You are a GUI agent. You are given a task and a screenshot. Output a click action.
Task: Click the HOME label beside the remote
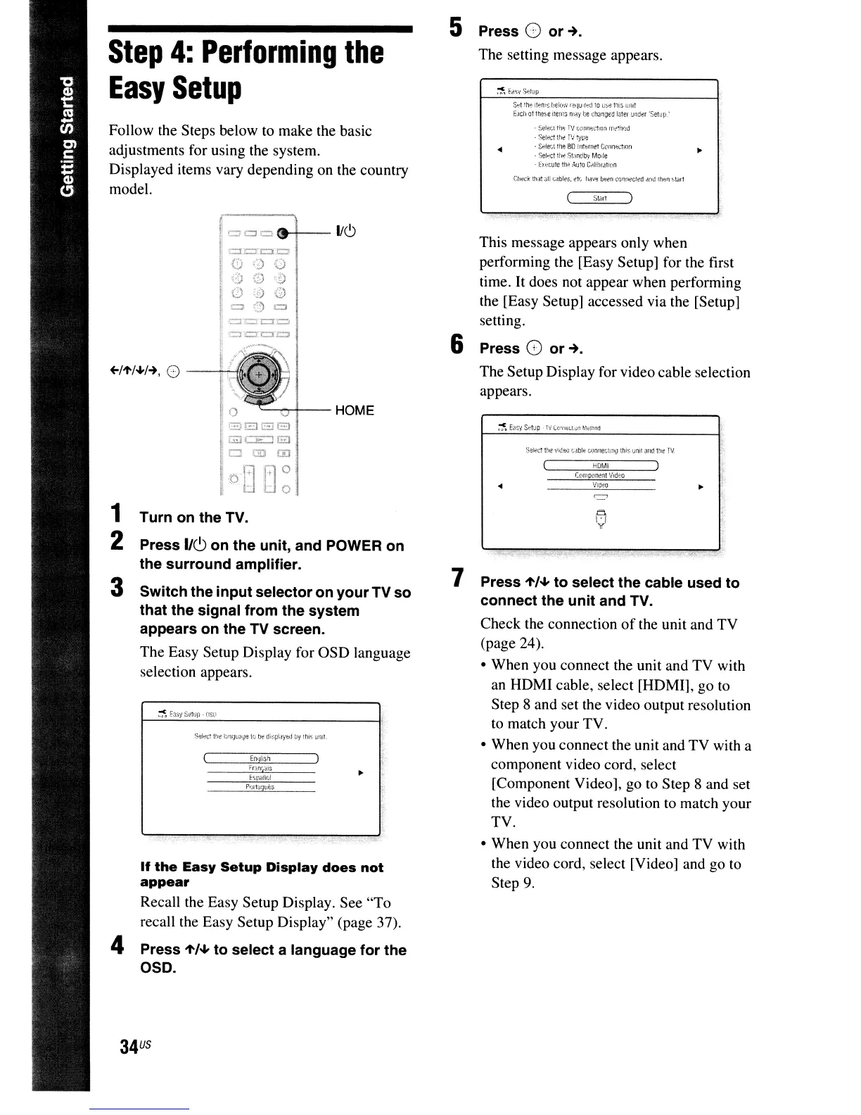pos(355,410)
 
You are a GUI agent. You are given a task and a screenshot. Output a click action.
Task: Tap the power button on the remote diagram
pos(283,233)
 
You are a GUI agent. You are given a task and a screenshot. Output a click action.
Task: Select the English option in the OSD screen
pos(260,758)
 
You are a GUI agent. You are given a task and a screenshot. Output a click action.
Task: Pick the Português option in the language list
pos(260,787)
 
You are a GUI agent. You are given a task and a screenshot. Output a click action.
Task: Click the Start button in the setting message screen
pos(599,199)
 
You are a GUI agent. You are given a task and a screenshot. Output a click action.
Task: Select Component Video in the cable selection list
pos(600,475)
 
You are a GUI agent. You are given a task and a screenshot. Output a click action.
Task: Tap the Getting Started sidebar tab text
pos(67,133)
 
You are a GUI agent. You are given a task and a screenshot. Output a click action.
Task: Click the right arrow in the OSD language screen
pos(361,773)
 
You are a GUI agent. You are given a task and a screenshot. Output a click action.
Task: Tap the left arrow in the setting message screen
pos(499,149)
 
